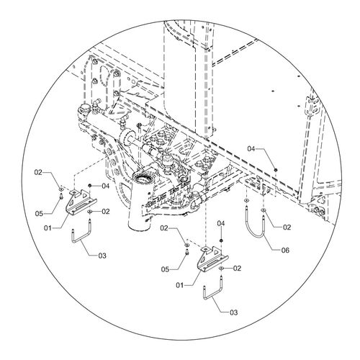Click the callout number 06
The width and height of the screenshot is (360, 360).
coord(285,251)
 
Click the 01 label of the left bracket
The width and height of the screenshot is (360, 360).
coord(48,228)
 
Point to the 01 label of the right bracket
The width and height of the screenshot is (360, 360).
coord(180,285)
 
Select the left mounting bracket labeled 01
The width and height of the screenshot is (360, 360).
coord(81,201)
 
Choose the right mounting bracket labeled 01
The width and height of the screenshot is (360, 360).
coord(212,259)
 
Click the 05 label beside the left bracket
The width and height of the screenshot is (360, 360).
coord(39,213)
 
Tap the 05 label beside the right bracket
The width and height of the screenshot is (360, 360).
coord(165,269)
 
